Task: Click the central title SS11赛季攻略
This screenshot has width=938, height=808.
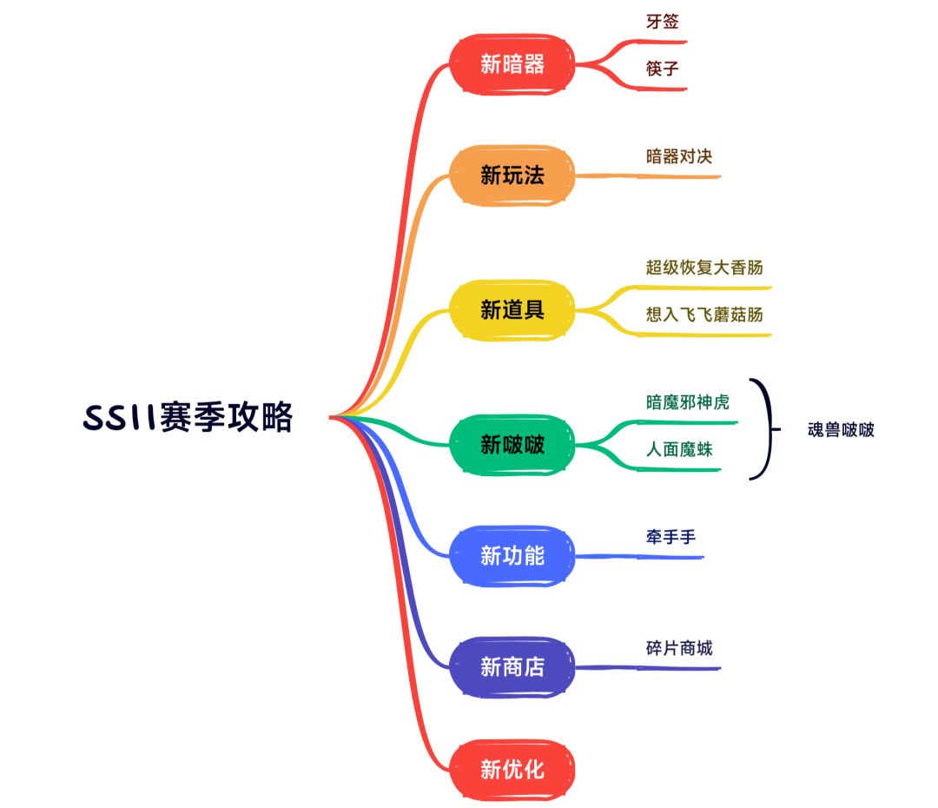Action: coord(188,418)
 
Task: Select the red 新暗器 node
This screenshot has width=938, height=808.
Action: coord(512,63)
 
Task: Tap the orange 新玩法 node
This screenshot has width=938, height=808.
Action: coord(512,176)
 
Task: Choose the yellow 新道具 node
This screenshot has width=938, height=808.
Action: coord(512,309)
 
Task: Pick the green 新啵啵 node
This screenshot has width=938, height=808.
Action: coord(512,445)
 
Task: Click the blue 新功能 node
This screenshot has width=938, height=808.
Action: coord(512,555)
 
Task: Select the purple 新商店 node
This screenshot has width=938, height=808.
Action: coord(512,666)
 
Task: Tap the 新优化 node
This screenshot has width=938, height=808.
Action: coord(512,769)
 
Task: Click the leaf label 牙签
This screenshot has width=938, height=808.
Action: coord(662,22)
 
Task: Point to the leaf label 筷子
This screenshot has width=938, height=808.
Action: coord(662,69)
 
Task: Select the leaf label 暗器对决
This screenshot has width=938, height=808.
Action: coord(679,156)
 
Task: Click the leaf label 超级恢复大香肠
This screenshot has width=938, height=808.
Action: coord(704,267)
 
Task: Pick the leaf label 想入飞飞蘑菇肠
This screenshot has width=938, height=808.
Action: coord(704,315)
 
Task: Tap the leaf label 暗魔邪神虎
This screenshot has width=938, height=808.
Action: coord(688,402)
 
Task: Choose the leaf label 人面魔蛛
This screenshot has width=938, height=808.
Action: coord(679,450)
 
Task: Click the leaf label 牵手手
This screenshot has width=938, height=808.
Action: coord(670,538)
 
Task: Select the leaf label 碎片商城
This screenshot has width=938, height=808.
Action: coord(679,648)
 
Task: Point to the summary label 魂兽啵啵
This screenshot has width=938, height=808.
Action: coord(840,429)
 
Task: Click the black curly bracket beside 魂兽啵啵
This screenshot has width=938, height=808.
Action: coord(765,429)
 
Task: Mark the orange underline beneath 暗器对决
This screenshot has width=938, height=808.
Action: coord(660,176)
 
